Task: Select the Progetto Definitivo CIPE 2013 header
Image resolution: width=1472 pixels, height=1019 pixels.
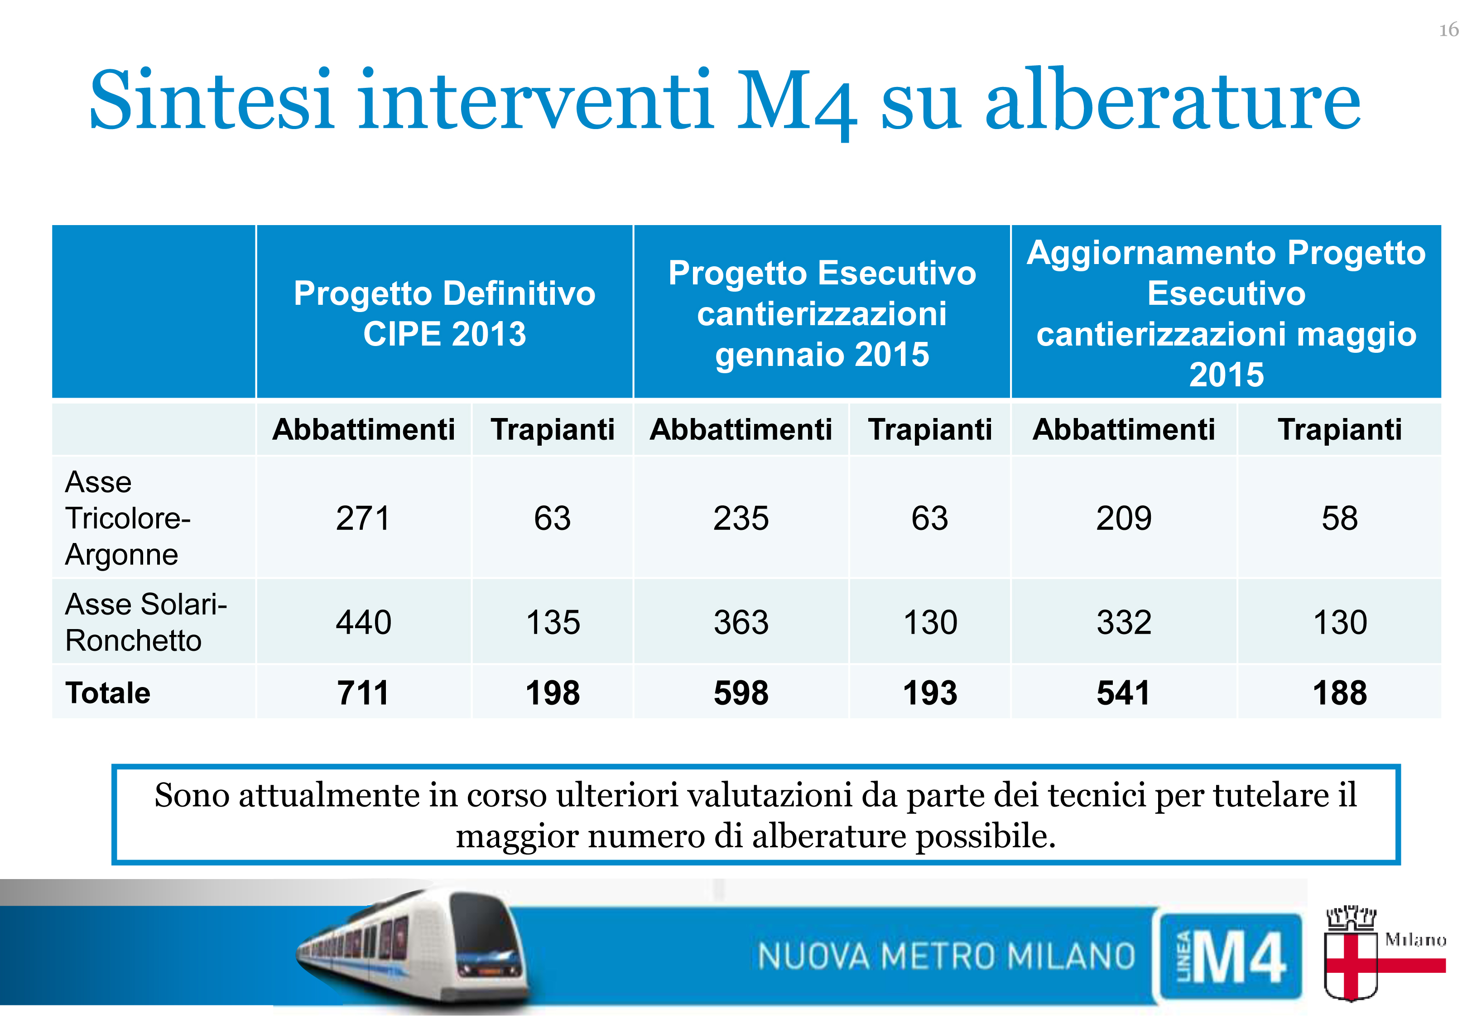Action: pyautogui.click(x=444, y=313)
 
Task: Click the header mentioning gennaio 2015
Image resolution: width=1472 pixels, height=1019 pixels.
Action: pyautogui.click(x=822, y=313)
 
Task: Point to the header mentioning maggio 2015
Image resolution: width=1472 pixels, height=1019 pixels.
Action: pyautogui.click(x=1226, y=313)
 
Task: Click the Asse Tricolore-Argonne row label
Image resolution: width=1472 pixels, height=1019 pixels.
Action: pyautogui.click(x=128, y=518)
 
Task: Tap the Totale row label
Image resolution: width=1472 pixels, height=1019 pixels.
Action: pyautogui.click(x=107, y=693)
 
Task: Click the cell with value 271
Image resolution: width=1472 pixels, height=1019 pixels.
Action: pyautogui.click(x=363, y=518)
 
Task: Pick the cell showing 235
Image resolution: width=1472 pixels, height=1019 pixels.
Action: pyautogui.click(x=741, y=518)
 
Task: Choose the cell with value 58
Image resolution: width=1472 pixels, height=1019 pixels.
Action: pyautogui.click(x=1339, y=518)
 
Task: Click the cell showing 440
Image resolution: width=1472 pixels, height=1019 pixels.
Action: pyautogui.click(x=363, y=622)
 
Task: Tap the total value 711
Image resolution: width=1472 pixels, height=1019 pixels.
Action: pyautogui.click(x=363, y=693)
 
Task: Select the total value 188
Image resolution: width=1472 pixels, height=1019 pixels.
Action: pyautogui.click(x=1339, y=693)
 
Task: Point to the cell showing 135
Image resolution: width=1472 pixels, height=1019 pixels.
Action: pyautogui.click(x=553, y=622)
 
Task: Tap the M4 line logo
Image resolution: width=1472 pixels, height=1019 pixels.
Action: pyautogui.click(x=1229, y=956)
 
